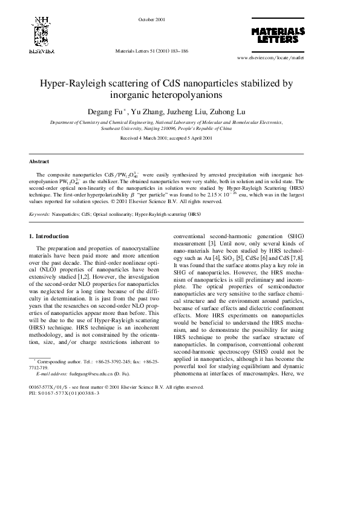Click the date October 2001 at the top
pyautogui.click(x=152, y=19)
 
